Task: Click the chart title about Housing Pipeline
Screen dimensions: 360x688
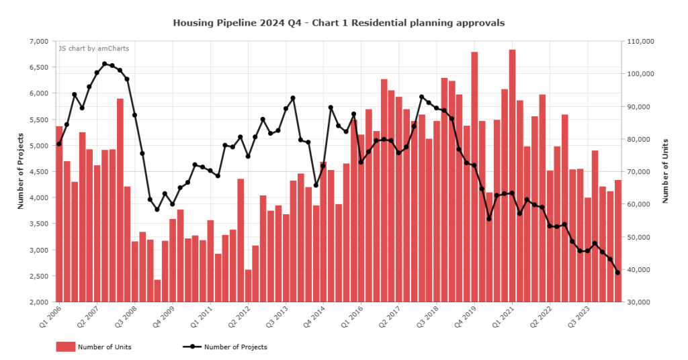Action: click(x=339, y=23)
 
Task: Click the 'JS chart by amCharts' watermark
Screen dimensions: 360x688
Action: click(x=93, y=48)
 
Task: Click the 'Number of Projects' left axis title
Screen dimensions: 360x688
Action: click(x=20, y=171)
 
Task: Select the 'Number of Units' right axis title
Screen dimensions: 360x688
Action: click(x=665, y=171)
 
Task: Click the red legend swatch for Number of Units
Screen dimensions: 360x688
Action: click(x=65, y=347)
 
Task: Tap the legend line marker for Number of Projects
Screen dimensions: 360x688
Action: click(x=191, y=347)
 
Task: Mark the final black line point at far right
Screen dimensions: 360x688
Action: click(x=617, y=272)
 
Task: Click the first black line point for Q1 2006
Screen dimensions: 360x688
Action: click(x=59, y=144)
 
